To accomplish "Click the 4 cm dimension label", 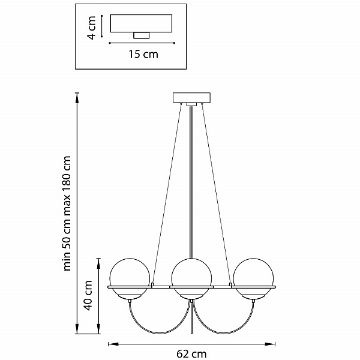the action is pos(92,28).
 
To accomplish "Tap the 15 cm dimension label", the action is pos(143,55).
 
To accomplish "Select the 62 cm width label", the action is pos(191,354).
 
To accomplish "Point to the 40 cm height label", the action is pos(88,295).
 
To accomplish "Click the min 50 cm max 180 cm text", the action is pos(67,213).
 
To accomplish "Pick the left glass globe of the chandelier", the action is pos(130,278).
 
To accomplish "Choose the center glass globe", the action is pos(191,278).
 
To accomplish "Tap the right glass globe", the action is pos(253,278).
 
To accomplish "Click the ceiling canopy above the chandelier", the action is pos(191,97).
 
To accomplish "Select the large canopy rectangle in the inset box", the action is pos(141,23).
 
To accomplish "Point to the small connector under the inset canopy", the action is pos(142,35).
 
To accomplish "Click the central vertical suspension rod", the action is pos(191,181).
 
